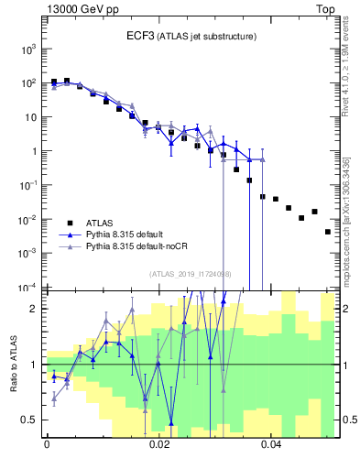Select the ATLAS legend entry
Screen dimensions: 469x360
[102, 222]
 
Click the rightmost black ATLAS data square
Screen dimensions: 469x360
[328, 232]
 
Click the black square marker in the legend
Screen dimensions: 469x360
[70, 222]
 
